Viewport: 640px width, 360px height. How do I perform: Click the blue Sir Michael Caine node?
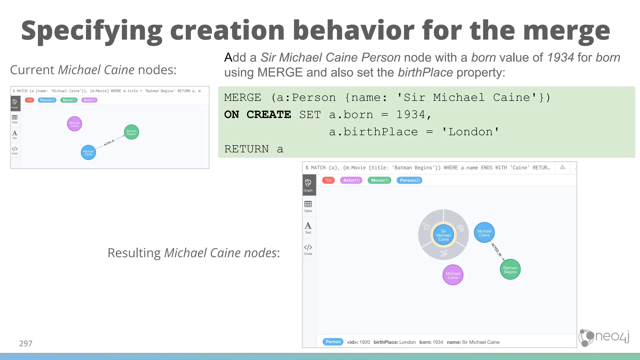tap(443, 235)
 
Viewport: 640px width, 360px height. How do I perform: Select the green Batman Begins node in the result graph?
tap(510, 270)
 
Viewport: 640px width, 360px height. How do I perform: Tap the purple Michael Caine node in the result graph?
tap(453, 275)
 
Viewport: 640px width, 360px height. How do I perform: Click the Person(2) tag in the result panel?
tap(409, 180)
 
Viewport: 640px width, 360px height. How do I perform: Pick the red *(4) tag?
tap(328, 180)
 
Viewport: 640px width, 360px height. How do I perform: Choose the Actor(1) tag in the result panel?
tap(351, 180)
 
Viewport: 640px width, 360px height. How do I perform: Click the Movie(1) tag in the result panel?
tap(380, 180)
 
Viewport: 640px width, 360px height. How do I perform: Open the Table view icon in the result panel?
tap(308, 206)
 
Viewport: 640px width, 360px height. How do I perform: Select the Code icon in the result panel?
tap(308, 249)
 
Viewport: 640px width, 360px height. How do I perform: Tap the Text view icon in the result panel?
tap(308, 228)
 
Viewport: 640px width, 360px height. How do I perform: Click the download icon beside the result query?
tap(562, 167)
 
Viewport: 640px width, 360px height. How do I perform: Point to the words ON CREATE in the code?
tap(257, 115)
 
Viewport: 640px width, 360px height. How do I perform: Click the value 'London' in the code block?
tap(471, 132)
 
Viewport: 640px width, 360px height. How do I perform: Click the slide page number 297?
tap(26, 343)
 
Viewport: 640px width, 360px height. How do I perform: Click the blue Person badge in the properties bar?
tap(333, 342)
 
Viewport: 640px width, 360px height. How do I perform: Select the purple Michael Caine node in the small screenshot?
tap(74, 124)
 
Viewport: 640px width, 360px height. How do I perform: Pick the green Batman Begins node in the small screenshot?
tap(131, 132)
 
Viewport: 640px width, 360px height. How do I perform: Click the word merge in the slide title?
tap(566, 30)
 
